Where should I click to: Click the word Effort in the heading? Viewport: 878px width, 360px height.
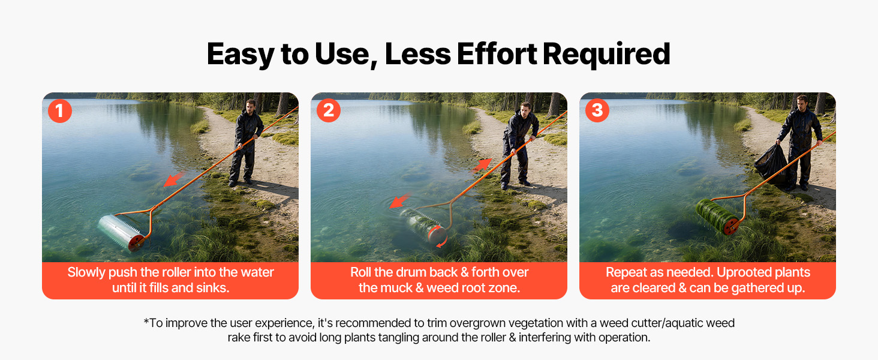pos(497,54)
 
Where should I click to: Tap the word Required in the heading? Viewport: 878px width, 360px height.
pos(606,55)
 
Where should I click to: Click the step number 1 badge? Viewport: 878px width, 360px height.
pos(59,111)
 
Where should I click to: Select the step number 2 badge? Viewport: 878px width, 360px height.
pos(329,110)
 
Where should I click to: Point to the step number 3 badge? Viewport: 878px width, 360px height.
pos(597,110)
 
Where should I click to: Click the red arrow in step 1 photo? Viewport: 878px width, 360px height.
pos(174,179)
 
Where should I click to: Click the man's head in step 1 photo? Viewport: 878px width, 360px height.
pos(251,106)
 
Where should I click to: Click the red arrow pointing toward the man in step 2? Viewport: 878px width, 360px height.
pos(482,166)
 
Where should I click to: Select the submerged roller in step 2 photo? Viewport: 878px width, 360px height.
pos(423,227)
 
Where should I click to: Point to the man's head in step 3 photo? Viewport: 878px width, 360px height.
pos(802,103)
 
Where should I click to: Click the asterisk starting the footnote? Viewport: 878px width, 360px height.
pos(146,321)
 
